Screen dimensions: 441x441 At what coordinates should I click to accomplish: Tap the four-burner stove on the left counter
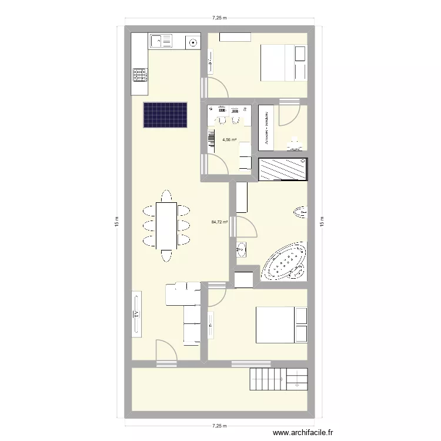[140, 75]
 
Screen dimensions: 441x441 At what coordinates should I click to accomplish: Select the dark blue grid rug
[165, 115]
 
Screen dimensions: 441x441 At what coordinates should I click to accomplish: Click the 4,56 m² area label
[229, 140]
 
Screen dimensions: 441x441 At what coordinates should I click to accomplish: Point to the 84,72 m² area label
[219, 222]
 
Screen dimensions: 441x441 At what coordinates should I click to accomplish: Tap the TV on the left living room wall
[136, 313]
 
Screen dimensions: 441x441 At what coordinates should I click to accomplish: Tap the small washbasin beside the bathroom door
[242, 250]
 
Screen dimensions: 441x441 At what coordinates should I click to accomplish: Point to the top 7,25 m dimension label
[220, 18]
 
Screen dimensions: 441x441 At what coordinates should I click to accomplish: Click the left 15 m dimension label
[118, 223]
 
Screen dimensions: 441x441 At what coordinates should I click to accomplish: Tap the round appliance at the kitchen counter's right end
[193, 41]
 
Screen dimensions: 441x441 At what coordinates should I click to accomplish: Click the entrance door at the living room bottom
[166, 355]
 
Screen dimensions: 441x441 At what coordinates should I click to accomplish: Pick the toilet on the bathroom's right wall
[300, 212]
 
